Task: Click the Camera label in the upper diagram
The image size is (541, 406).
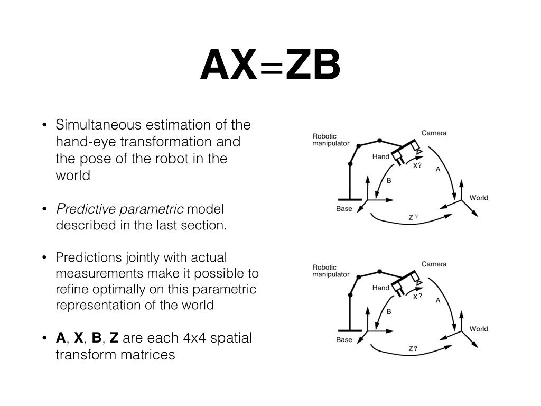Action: pyautogui.click(x=434, y=133)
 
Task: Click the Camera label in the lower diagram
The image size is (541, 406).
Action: pyautogui.click(x=434, y=264)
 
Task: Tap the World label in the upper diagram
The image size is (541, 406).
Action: pyautogui.click(x=479, y=198)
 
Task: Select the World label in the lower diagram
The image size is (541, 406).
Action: pyautogui.click(x=479, y=329)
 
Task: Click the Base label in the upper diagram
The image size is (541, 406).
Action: pyautogui.click(x=344, y=209)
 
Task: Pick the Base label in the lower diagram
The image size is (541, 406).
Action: pyautogui.click(x=344, y=340)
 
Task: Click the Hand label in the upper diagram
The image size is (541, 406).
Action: pyautogui.click(x=380, y=157)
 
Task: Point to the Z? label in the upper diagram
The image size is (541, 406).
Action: pyautogui.click(x=413, y=217)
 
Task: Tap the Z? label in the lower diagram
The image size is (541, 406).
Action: pyautogui.click(x=413, y=348)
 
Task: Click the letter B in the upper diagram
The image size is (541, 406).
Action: pyautogui.click(x=388, y=181)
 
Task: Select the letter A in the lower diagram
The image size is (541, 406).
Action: pyautogui.click(x=438, y=300)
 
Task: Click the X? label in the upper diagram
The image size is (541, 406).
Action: pyautogui.click(x=417, y=165)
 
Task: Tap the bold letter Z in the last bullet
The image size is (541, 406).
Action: pyautogui.click(x=114, y=338)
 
